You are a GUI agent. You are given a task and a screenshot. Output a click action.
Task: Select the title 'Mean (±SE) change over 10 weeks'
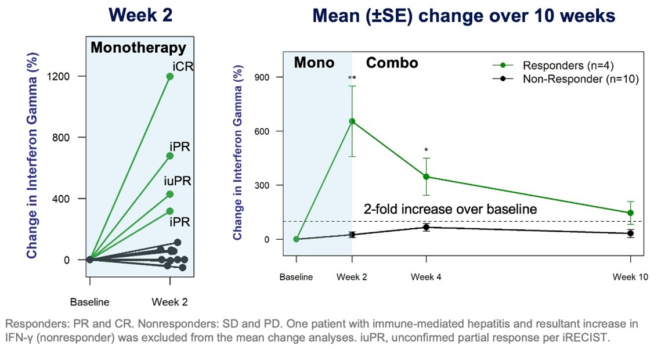pos(463,16)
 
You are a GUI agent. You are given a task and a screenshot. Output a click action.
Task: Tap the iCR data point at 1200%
pos(169,77)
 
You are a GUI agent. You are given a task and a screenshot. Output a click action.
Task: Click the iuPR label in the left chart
pos(176,182)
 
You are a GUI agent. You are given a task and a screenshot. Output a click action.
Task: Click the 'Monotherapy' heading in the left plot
pos(138,48)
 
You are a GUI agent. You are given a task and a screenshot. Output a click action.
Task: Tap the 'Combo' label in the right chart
pos(392,63)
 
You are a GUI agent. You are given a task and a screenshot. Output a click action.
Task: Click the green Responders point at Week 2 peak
pos(352,121)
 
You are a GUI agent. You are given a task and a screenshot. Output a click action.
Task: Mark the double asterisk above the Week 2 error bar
pos(352,78)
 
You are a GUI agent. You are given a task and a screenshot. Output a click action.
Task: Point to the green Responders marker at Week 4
pos(427,177)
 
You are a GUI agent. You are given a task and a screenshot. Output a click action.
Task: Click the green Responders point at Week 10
pos(631,213)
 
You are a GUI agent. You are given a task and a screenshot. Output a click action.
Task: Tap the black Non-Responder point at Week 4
pos(427,227)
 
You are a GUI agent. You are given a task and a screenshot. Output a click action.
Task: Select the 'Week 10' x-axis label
pos(630,277)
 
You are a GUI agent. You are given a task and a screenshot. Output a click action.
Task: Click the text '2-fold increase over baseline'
pos(450,209)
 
